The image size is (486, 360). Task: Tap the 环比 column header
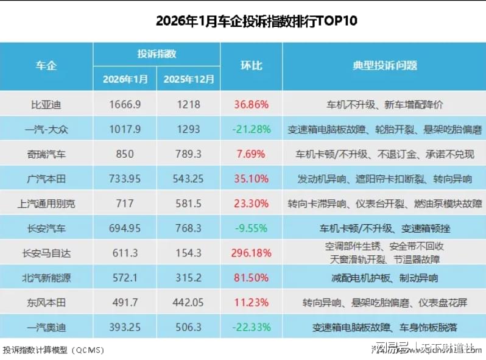pos(251,66)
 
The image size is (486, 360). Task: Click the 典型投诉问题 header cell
pos(385,66)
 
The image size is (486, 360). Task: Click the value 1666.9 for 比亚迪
pos(125,104)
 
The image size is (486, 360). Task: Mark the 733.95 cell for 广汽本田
pos(125,179)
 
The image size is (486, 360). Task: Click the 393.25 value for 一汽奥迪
pos(125,328)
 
